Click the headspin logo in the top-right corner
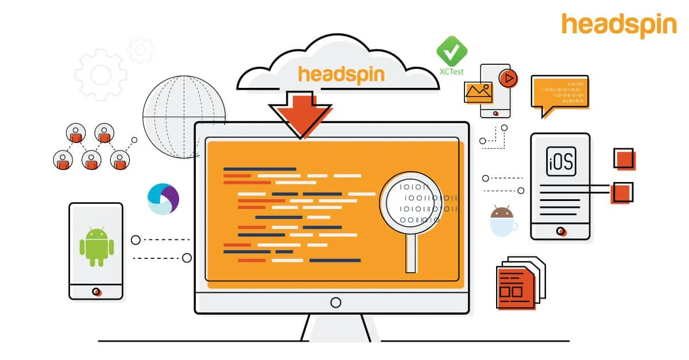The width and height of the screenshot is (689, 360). [x=619, y=25]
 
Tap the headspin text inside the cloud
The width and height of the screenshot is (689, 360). [x=342, y=75]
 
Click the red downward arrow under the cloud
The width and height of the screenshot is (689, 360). [x=300, y=114]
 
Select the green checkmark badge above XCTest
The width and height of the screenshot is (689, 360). [x=451, y=51]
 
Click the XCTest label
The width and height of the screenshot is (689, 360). [x=451, y=72]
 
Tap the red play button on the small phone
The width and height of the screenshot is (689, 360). [x=508, y=79]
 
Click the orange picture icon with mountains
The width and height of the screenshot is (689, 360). [x=478, y=92]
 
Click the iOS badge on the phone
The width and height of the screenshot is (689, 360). [x=561, y=161]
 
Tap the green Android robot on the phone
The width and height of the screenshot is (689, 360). [x=96, y=247]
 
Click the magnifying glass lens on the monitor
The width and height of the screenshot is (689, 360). [x=411, y=203]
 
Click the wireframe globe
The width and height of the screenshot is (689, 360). [x=184, y=117]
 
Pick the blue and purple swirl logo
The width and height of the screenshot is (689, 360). [x=163, y=199]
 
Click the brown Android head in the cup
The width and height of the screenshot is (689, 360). [x=502, y=212]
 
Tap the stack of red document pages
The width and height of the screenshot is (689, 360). [x=521, y=282]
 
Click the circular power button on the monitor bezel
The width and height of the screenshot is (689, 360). [x=335, y=303]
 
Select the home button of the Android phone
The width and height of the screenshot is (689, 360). [x=96, y=292]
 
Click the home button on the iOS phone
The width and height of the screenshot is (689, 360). [x=560, y=231]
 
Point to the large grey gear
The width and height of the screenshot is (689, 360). [x=100, y=75]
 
